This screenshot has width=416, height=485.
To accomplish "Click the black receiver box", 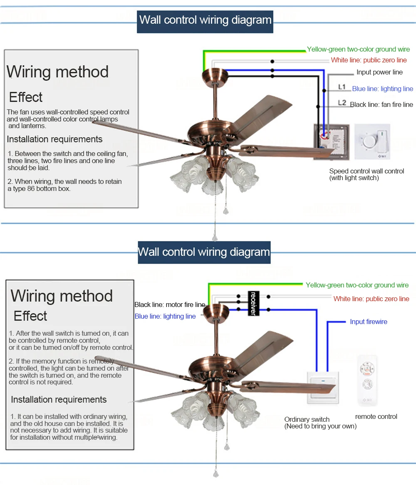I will tap(253, 303).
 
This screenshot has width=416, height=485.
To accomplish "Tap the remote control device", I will tap(368, 380).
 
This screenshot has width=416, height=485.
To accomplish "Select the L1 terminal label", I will tap(342, 87).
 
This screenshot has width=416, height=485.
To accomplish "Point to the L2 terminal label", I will tap(342, 102).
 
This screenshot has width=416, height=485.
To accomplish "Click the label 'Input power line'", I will tap(379, 72).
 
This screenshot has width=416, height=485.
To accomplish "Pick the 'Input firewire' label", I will tap(368, 322).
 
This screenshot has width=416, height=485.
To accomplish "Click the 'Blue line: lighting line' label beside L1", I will tap(382, 89).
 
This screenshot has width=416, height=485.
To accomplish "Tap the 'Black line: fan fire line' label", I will tap(381, 104).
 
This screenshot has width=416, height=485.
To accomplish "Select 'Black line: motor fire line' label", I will tap(170, 305).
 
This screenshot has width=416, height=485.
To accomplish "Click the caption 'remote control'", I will tap(376, 416).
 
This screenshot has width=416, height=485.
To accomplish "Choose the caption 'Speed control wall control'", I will tap(366, 171).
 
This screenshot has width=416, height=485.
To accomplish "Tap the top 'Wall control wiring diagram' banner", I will tap(205, 20).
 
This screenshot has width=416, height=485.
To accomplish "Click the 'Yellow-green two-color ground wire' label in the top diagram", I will tap(358, 49).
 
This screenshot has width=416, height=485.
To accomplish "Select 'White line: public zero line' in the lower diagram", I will tap(371, 299).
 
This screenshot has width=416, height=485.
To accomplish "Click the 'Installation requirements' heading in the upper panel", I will tap(54, 139).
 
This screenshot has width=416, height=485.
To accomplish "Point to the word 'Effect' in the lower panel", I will tap(30, 316).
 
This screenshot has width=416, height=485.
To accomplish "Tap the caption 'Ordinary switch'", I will tap(307, 419).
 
